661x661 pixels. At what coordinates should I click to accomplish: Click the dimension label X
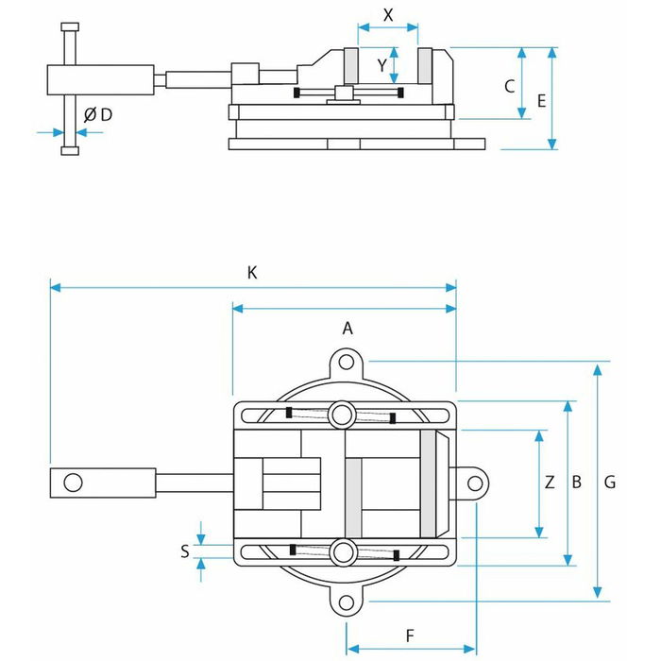coord(387,14)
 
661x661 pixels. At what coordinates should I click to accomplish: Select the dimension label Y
coord(381,65)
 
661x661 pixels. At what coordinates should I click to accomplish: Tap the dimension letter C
coord(509,86)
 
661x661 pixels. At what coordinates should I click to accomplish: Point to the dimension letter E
coord(541,100)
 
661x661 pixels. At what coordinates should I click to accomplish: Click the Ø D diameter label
coord(97,114)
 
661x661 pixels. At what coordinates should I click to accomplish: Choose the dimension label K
coord(252,272)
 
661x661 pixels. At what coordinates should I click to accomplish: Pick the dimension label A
coord(347,328)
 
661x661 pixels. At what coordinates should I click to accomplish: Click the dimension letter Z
coord(550,482)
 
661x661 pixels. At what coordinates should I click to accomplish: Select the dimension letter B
coord(576,482)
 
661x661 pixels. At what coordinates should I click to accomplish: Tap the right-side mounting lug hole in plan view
coord(471,483)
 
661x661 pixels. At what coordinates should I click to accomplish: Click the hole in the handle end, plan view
coord(71,483)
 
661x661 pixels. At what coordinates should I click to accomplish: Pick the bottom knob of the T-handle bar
coord(69,149)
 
